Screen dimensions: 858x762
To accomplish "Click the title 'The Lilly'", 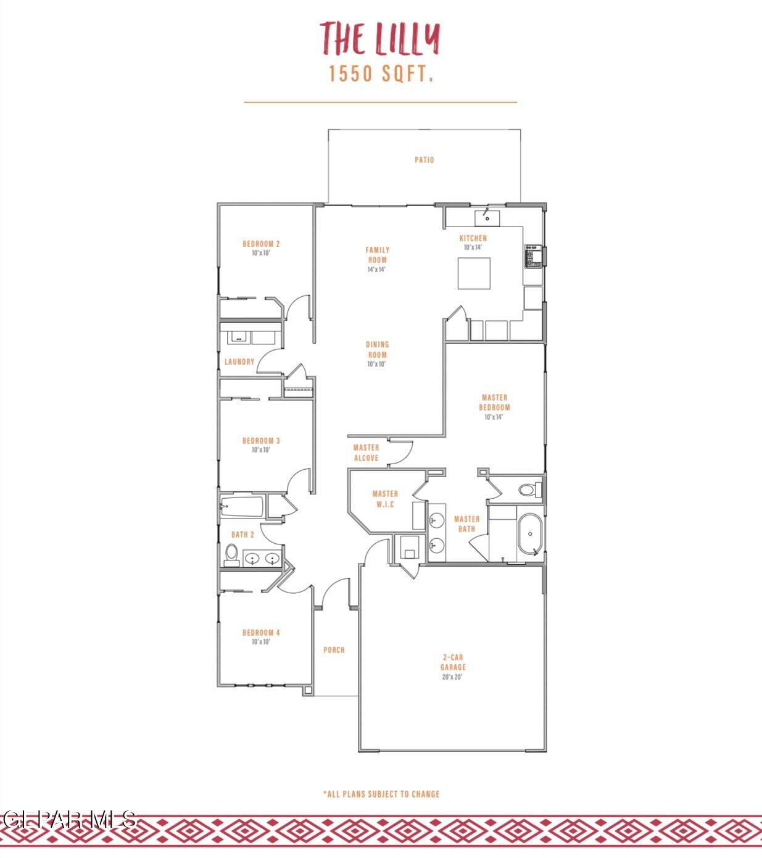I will click(379, 38).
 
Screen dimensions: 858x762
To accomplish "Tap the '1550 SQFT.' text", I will click(381, 74).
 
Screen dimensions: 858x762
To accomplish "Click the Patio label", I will click(424, 160).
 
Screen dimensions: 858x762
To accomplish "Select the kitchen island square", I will click(474, 273).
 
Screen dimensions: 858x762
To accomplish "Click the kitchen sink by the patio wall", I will click(487, 217).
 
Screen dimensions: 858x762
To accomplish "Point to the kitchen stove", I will click(532, 256).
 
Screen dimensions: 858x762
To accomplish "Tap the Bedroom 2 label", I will click(261, 244).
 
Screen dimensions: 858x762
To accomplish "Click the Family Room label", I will click(378, 255).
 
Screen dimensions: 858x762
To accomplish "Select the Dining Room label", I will click(378, 350).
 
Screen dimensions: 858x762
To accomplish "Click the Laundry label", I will click(239, 362).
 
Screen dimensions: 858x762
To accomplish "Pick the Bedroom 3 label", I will click(261, 441).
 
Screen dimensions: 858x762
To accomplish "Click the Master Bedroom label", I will click(494, 402).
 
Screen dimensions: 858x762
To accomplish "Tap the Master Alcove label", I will click(366, 452).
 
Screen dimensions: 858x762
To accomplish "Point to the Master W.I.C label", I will click(385, 499).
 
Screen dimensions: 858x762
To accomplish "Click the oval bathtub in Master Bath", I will click(530, 534).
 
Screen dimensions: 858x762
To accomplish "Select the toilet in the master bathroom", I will click(528, 491).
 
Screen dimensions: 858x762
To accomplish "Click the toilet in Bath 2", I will click(231, 554).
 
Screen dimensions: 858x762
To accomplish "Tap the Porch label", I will click(334, 650).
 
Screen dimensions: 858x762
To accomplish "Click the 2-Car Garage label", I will click(453, 662).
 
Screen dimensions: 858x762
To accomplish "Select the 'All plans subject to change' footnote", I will click(381, 794).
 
